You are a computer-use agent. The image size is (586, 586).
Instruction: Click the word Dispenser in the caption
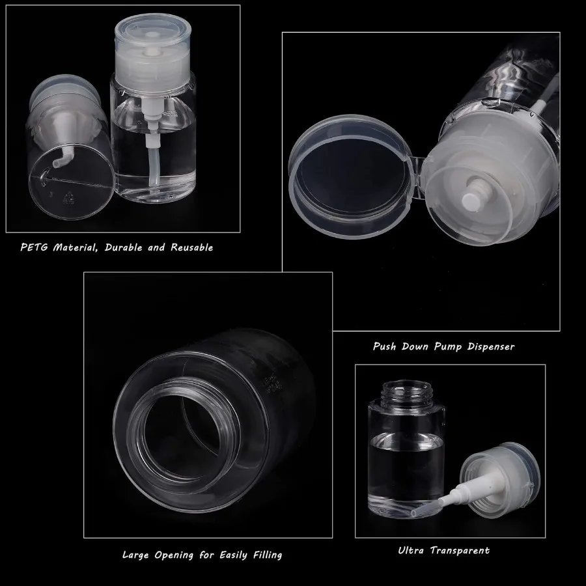(x=490, y=346)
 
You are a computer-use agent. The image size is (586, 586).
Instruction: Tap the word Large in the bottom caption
(x=137, y=555)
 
